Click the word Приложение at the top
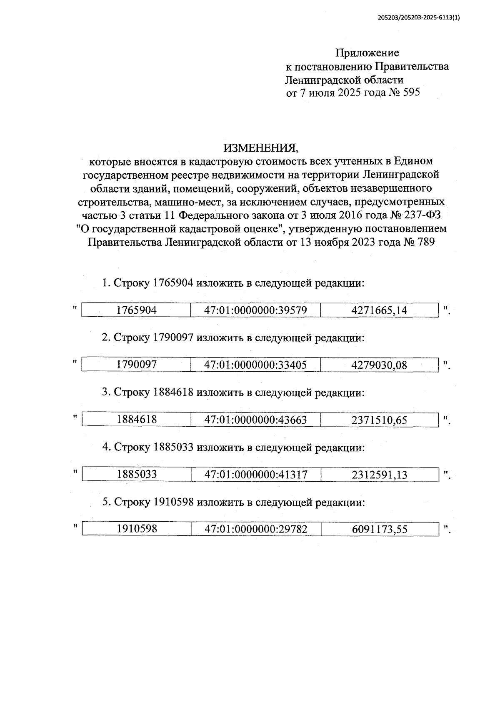(367, 53)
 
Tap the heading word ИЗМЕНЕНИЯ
(261, 148)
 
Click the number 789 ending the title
(424, 242)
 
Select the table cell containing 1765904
(137, 310)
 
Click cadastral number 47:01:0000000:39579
(255, 310)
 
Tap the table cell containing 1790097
(137, 365)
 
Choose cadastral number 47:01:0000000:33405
(255, 365)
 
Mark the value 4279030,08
(379, 365)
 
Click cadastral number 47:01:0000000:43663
(255, 420)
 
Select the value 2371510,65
(379, 420)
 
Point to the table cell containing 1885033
(137, 474)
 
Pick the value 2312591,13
(379, 475)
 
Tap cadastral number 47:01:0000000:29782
(256, 529)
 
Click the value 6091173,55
(379, 530)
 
